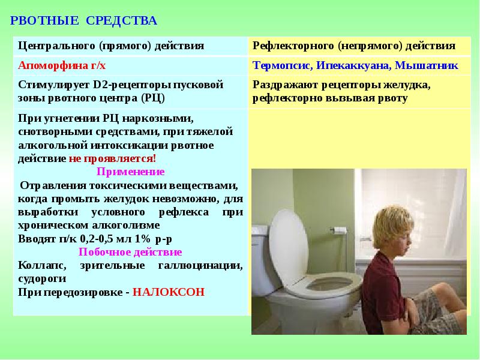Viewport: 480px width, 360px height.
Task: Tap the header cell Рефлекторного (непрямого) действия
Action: (x=353, y=46)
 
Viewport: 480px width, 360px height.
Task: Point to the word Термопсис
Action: (x=277, y=65)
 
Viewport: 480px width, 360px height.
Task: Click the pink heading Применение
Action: (x=130, y=172)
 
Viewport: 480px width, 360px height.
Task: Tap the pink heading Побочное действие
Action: (x=130, y=252)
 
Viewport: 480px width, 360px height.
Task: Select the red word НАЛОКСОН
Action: (x=169, y=292)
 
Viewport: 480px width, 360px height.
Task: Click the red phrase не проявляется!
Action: (x=112, y=158)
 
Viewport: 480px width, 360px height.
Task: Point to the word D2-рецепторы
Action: (x=130, y=85)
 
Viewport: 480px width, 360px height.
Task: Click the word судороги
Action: (x=41, y=278)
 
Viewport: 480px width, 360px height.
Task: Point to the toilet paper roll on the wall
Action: (x=340, y=230)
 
